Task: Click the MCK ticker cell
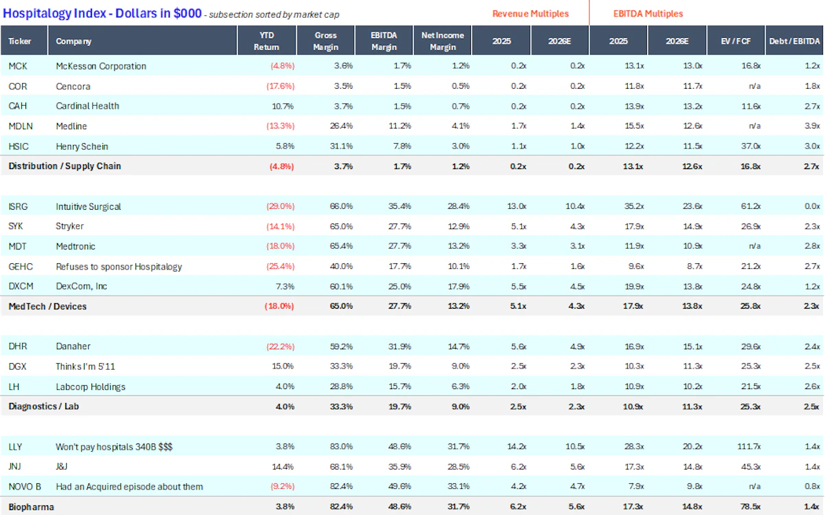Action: point(18,66)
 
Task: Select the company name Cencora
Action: point(73,86)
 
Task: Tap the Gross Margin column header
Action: point(326,41)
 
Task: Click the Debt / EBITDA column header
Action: point(795,41)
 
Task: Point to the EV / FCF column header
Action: point(736,41)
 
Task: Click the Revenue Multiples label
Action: point(530,14)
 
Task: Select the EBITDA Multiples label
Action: point(648,14)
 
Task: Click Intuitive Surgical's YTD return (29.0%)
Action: point(280,206)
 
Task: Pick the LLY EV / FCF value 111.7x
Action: point(749,447)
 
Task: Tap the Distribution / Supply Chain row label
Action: point(65,166)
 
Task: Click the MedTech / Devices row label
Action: point(47,307)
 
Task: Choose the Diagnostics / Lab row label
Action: point(43,406)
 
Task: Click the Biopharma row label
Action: point(31,507)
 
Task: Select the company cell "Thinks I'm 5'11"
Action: point(85,366)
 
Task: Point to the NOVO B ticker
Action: point(25,487)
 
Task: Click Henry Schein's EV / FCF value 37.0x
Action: point(751,146)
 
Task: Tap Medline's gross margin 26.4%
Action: point(341,126)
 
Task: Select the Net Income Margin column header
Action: point(442,41)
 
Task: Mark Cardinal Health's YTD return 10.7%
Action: point(283,107)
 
